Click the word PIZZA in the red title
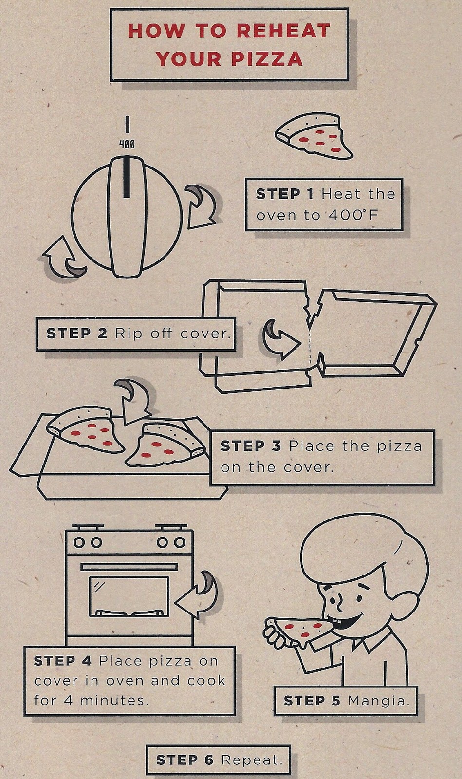point(267,58)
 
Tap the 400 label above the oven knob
point(127,144)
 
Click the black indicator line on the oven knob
point(127,177)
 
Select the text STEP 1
point(285,194)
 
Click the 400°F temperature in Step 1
point(352,215)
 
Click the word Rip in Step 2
point(127,334)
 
